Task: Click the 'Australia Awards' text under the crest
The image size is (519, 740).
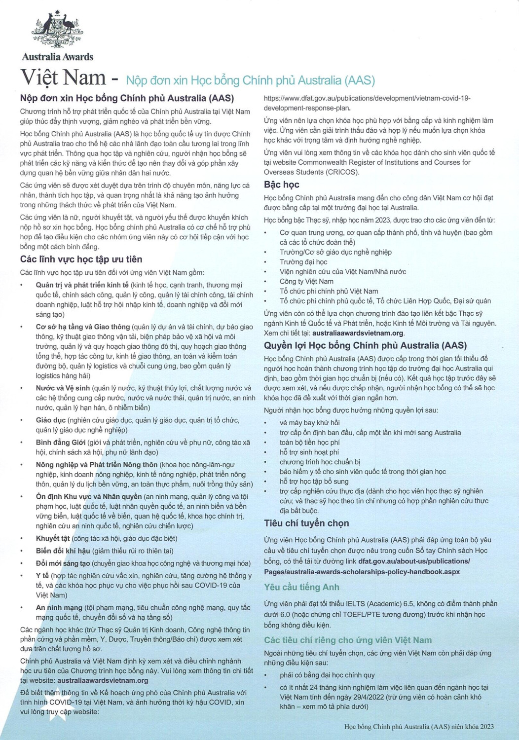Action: [x=58, y=57]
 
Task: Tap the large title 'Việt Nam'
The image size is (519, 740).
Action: [x=63, y=78]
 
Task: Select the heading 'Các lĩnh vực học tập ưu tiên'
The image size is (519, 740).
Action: [x=81, y=259]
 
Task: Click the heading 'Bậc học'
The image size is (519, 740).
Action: [x=281, y=185]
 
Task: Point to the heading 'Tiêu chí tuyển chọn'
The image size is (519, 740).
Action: [x=306, y=523]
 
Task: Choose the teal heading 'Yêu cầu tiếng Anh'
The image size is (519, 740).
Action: [x=301, y=587]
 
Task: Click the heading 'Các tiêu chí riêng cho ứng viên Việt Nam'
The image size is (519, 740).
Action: [x=348, y=640]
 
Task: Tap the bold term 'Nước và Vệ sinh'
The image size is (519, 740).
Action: [x=63, y=388]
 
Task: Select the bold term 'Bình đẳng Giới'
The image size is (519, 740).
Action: [x=60, y=443]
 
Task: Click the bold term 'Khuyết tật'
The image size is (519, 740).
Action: [x=53, y=538]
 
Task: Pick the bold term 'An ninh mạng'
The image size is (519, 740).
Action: [x=59, y=608]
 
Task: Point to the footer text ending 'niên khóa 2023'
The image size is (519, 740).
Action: [x=419, y=726]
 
